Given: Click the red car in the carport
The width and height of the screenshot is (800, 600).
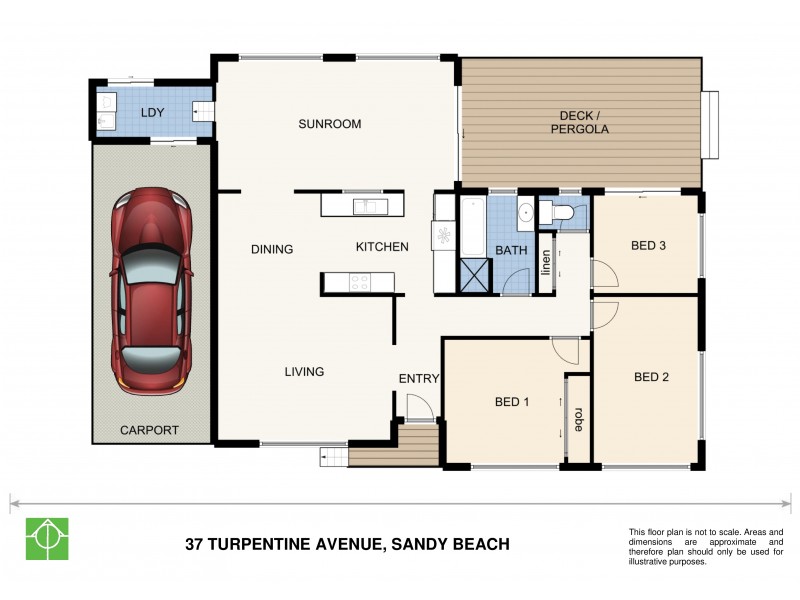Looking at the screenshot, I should [x=152, y=290].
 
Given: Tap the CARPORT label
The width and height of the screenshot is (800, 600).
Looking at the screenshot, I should [x=149, y=430].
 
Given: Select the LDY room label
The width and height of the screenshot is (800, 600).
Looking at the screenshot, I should [x=153, y=113].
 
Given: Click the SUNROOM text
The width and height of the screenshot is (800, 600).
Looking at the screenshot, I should [x=329, y=124].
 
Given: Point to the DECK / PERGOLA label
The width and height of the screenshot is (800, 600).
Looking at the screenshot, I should [x=580, y=122].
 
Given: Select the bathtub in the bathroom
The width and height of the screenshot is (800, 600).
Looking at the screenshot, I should [x=471, y=226].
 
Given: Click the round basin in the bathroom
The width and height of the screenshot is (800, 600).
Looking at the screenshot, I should [x=525, y=213].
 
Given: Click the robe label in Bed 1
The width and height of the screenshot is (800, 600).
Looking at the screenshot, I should [x=578, y=418].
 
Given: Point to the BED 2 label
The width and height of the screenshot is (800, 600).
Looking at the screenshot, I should [x=651, y=377].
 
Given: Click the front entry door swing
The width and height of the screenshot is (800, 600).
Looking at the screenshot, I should [x=418, y=406].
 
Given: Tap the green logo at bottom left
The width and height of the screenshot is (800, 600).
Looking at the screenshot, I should [x=46, y=539].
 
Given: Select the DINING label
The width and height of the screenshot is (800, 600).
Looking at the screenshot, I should [x=272, y=249].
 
